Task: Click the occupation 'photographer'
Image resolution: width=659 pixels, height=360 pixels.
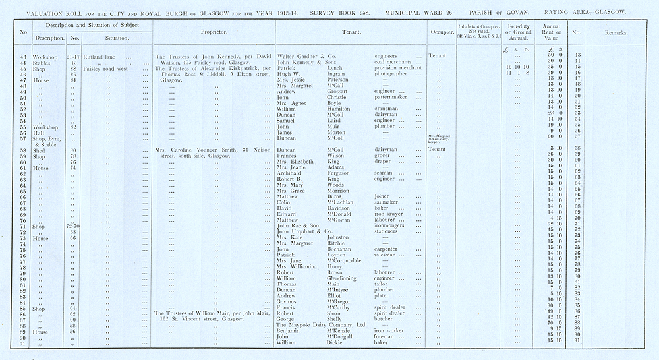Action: [x=390, y=74]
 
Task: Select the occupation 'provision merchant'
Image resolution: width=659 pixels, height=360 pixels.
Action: [x=402, y=68]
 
